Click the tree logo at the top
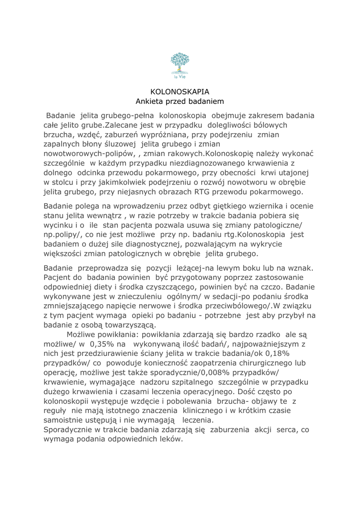180,63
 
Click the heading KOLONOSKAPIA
180,91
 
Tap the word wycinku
59,225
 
